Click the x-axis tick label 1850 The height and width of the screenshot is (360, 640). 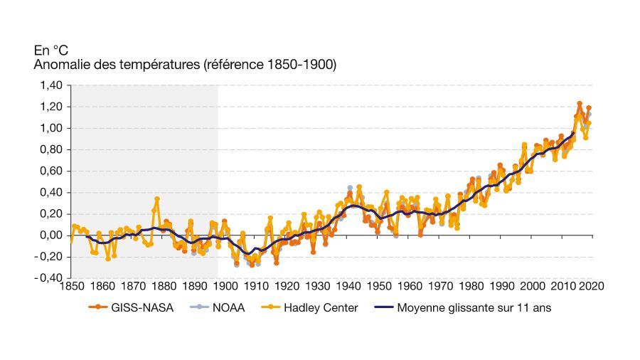point(71,287)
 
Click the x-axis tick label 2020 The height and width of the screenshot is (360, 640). point(592,287)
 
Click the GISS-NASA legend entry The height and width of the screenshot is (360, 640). point(127,308)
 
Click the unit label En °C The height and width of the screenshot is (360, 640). point(51,51)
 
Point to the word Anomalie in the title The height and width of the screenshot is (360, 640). point(59,65)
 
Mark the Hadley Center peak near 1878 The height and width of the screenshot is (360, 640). point(156,199)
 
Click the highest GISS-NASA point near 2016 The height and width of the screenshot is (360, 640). point(580,104)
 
